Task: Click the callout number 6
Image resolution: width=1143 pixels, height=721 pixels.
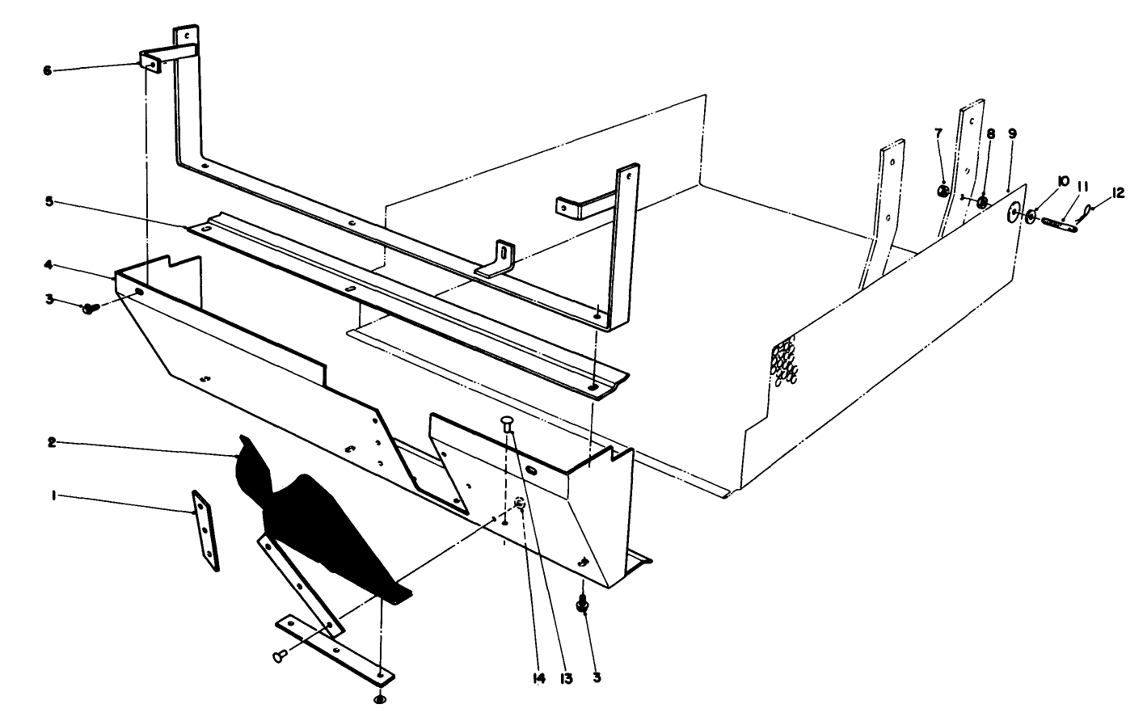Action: tap(47, 70)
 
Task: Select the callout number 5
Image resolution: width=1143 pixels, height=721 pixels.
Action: tap(49, 200)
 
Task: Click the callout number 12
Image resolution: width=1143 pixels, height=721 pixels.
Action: tap(1118, 192)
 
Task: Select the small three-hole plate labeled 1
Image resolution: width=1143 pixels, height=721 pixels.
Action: tap(206, 532)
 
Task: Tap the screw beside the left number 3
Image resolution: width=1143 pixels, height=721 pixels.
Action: tap(89, 307)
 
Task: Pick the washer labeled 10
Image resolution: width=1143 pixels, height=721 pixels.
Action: tap(1031, 217)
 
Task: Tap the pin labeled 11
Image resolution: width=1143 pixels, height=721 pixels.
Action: tap(1055, 223)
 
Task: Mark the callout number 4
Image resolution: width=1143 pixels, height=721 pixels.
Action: tap(49, 264)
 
